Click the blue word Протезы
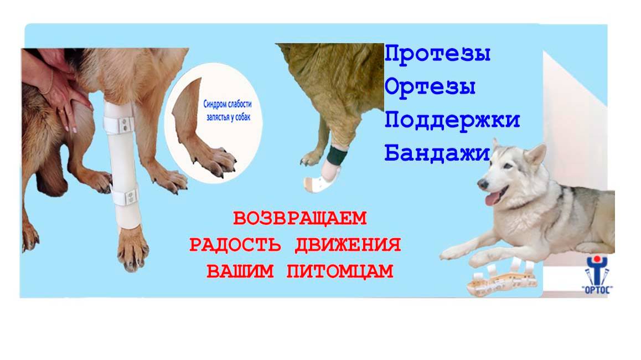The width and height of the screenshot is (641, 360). point(438,54)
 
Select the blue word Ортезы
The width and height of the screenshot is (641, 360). point(430,87)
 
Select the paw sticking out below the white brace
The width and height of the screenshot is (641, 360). point(133,252)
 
